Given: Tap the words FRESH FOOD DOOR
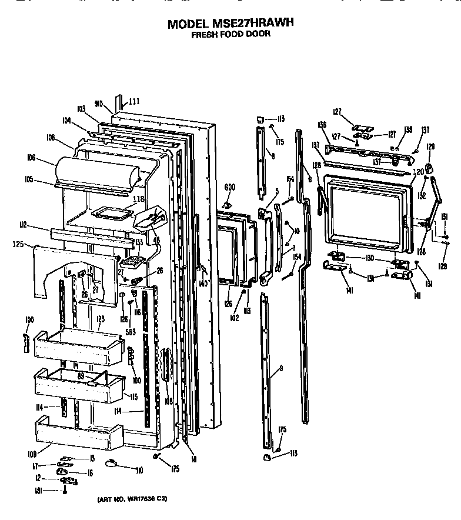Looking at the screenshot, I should click(x=230, y=34).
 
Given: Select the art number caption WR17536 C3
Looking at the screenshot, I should click(x=132, y=499).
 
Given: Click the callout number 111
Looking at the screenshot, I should click(x=134, y=101).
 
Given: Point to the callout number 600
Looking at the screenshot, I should click(x=230, y=188).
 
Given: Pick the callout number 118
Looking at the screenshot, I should click(x=138, y=199).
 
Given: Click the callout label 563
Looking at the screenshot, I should click(x=131, y=332).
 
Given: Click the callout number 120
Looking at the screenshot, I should click(x=418, y=172).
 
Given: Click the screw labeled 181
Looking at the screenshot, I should click(x=65, y=491).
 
